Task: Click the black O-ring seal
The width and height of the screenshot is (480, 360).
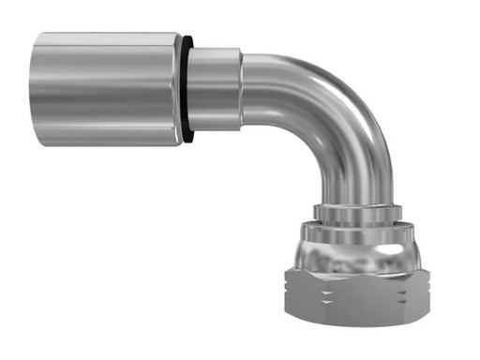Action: click(x=188, y=89)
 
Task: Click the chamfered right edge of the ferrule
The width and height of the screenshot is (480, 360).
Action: click(x=178, y=89)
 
